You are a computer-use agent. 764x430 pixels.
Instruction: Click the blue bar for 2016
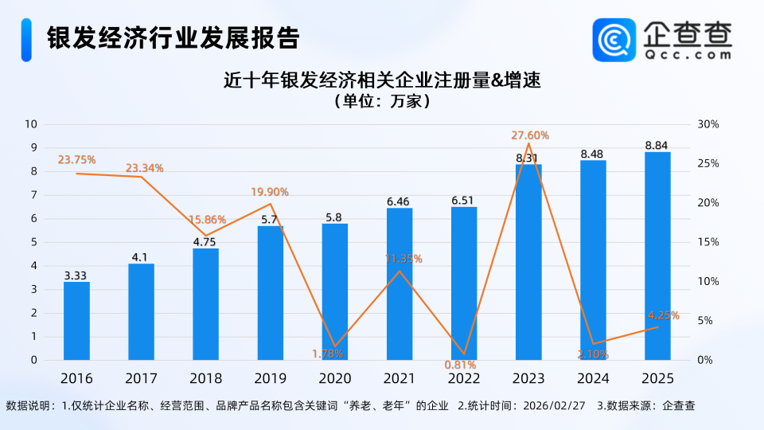(76, 321)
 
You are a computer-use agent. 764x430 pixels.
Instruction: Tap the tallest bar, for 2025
(657, 256)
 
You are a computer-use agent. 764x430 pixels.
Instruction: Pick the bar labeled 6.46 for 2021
(399, 284)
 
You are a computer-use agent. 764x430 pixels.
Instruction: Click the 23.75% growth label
(76, 159)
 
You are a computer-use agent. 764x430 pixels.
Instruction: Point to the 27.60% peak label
(530, 135)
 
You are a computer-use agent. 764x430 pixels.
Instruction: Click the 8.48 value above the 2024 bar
(592, 154)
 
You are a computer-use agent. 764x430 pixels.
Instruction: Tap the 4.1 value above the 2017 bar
(141, 257)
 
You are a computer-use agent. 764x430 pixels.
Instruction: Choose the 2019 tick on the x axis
(270, 378)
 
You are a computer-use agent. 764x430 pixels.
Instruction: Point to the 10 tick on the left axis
(32, 124)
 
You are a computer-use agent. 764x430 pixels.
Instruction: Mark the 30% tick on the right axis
(708, 124)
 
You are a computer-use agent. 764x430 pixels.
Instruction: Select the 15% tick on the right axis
(708, 242)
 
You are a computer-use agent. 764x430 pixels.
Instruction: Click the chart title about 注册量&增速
(381, 80)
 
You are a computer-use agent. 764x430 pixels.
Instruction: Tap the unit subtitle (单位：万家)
(381, 101)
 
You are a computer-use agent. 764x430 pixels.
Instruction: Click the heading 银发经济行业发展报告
(173, 37)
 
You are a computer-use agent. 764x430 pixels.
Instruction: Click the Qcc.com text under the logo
(687, 56)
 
